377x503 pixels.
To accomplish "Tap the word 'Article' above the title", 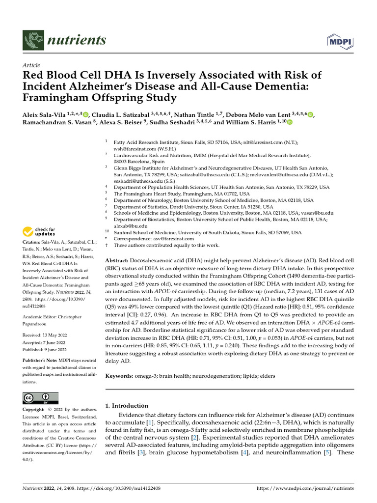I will (x=31, y=65).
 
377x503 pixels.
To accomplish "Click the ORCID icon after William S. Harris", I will (x=289, y=123).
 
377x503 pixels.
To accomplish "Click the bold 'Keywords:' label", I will (x=119, y=376).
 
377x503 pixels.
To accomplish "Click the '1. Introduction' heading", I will (x=127, y=406).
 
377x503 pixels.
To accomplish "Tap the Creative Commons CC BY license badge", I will (x=40, y=398).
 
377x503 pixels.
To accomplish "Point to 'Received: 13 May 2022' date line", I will (x=45, y=335).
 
